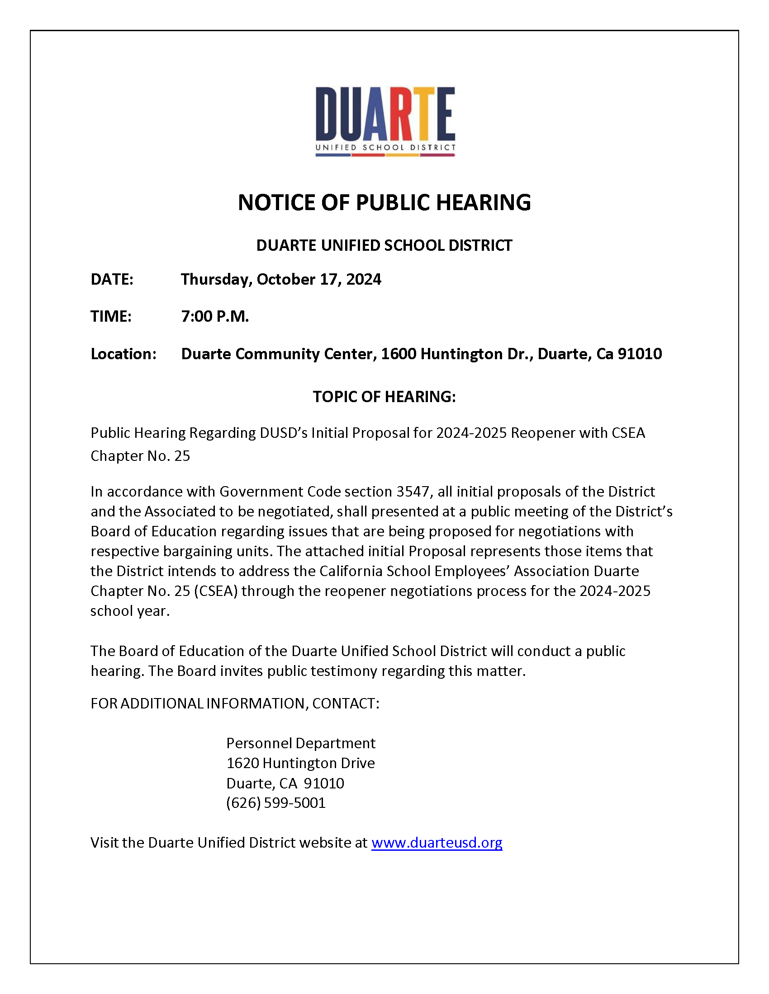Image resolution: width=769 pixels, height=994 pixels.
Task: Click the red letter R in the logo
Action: (402, 114)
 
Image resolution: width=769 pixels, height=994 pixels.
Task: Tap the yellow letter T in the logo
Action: (424, 114)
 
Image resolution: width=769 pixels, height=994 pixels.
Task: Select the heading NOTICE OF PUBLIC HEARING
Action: (384, 202)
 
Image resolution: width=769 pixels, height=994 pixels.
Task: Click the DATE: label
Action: (112, 279)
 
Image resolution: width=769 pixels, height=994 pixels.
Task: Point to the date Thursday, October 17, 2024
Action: (280, 279)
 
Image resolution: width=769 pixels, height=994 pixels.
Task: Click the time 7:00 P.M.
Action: (214, 316)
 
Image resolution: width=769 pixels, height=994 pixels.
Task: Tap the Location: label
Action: (123, 354)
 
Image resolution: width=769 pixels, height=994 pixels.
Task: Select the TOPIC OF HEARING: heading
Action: (384, 397)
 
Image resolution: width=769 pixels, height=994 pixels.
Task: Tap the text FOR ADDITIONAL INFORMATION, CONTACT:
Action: (235, 703)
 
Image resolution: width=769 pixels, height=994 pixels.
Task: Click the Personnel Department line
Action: (301, 743)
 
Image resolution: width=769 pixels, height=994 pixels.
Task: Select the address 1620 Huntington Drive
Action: (300, 763)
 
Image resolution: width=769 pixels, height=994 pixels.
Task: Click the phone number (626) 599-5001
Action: (275, 802)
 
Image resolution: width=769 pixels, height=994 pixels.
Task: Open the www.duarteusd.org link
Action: (437, 843)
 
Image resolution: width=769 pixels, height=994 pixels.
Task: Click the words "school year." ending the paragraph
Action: (130, 611)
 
